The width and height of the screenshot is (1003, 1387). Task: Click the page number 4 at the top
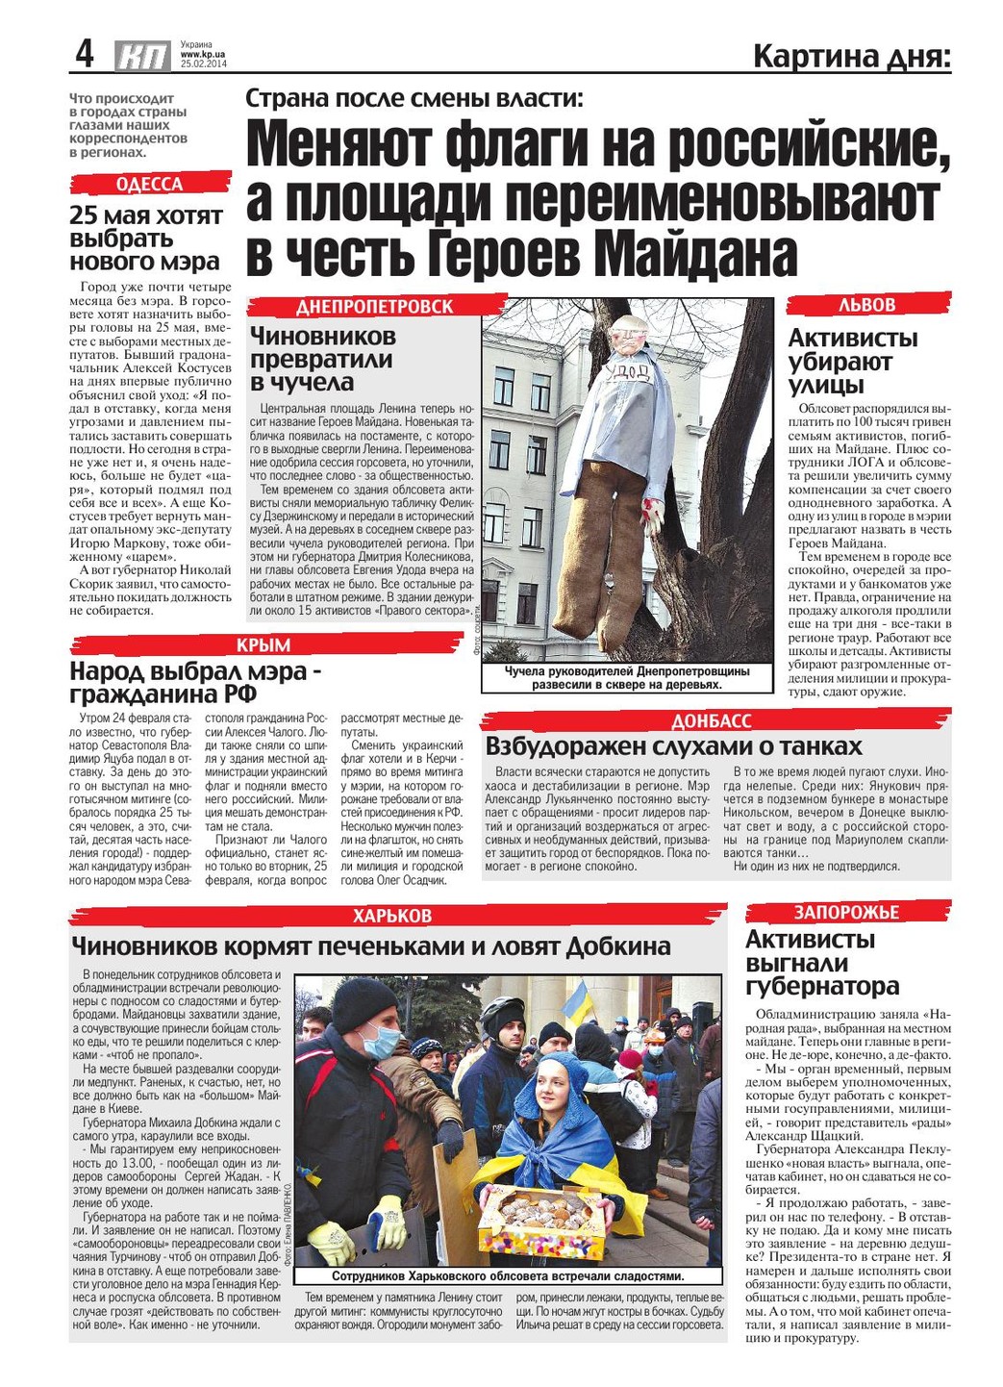[86, 54]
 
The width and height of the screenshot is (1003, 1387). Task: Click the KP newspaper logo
[142, 57]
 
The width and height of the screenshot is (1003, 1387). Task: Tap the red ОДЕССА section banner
[150, 184]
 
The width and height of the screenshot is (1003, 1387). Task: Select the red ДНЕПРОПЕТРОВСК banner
[375, 306]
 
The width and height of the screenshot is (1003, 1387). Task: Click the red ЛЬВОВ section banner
[867, 304]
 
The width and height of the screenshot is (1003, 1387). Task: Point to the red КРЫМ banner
[263, 644]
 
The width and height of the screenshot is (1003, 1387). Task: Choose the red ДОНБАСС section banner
[712, 721]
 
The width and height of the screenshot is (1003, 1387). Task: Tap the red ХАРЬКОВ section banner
[392, 915]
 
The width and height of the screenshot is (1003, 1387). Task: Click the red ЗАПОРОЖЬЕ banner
[847, 912]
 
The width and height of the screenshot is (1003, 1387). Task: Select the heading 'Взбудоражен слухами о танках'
[673, 746]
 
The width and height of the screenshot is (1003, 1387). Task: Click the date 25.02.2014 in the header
[203, 64]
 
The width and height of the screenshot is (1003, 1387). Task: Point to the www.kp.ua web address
[202, 55]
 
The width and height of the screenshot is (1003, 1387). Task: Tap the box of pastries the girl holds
[544, 1219]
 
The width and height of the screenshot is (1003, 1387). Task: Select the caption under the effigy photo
[627, 678]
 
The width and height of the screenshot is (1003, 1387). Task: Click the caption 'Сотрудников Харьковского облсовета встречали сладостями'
[508, 1276]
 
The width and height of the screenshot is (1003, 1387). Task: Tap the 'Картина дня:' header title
[851, 57]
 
